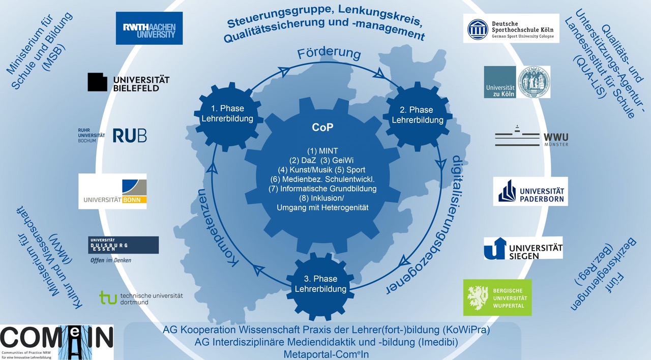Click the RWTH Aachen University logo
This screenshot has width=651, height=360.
click(149, 28)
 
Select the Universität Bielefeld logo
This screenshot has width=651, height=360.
click(129, 82)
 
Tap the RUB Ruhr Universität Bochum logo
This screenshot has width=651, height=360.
click(112, 135)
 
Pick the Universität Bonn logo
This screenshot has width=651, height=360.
click(112, 191)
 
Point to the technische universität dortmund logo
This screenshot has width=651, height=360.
click(141, 298)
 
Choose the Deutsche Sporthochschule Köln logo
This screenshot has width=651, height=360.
click(511, 28)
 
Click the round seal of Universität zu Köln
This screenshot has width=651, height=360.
click(534, 82)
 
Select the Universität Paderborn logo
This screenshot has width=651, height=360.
click(530, 191)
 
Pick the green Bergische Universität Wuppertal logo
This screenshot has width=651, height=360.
click(497, 297)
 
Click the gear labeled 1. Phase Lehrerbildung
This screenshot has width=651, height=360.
click(228, 116)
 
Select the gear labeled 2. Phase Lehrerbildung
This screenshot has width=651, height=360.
click(418, 116)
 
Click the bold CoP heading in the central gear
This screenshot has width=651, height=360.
click(322, 127)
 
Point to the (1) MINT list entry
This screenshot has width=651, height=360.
click(322, 151)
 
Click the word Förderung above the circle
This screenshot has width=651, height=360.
click(329, 53)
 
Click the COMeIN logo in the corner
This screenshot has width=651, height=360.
click(56, 342)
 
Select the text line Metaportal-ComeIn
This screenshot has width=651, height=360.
click(326, 354)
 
